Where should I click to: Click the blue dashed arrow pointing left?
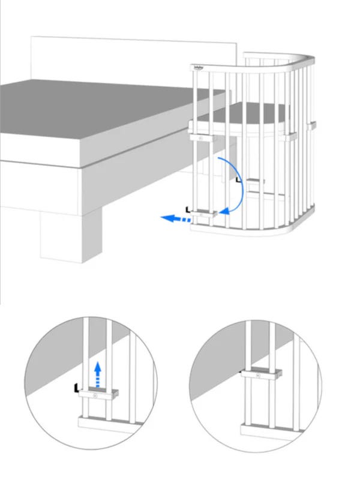pos(174,219)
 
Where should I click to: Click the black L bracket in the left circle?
pos(76,388)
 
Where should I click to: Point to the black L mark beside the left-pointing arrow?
pos(190,209)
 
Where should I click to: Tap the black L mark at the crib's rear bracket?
pos(239,179)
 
